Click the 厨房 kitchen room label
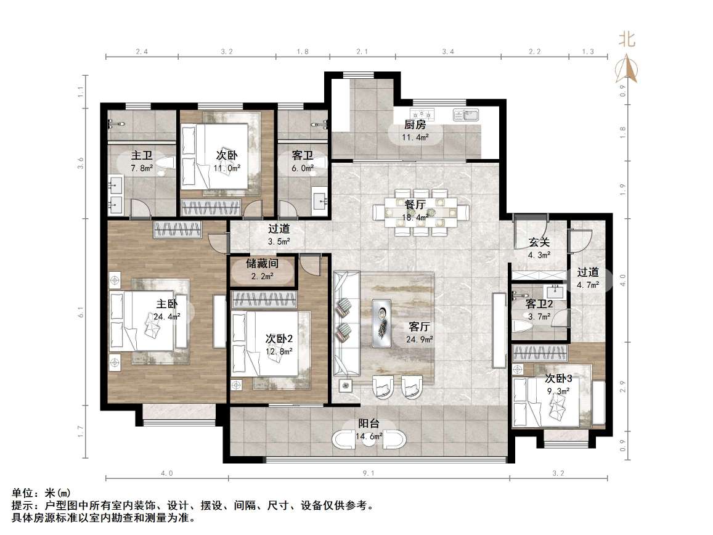[415, 125]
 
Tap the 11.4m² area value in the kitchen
[415, 137]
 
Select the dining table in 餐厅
[421, 212]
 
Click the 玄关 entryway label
[539, 242]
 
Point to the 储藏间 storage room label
[263, 263]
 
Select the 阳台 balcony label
[369, 423]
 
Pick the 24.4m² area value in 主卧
[167, 316]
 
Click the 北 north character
[627, 39]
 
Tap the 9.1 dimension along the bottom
[369, 473]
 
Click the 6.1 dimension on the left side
[81, 312]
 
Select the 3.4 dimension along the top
[448, 51]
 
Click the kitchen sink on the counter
[466, 115]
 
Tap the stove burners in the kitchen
[422, 114]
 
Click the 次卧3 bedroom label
[558, 378]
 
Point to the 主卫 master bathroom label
[142, 155]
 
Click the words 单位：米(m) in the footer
[41, 493]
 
